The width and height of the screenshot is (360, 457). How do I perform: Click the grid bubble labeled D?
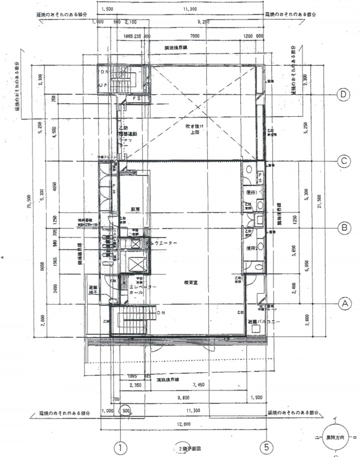coord(344,94)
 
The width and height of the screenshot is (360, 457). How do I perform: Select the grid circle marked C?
coord(344,161)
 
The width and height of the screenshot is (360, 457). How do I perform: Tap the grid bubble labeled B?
coord(344,228)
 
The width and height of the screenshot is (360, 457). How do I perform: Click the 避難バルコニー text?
coord(264,321)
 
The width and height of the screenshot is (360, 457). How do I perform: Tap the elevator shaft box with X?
coord(134,264)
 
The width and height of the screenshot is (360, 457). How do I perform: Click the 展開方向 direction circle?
coord(335,438)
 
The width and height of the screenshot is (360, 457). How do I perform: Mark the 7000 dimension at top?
coord(195,36)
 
